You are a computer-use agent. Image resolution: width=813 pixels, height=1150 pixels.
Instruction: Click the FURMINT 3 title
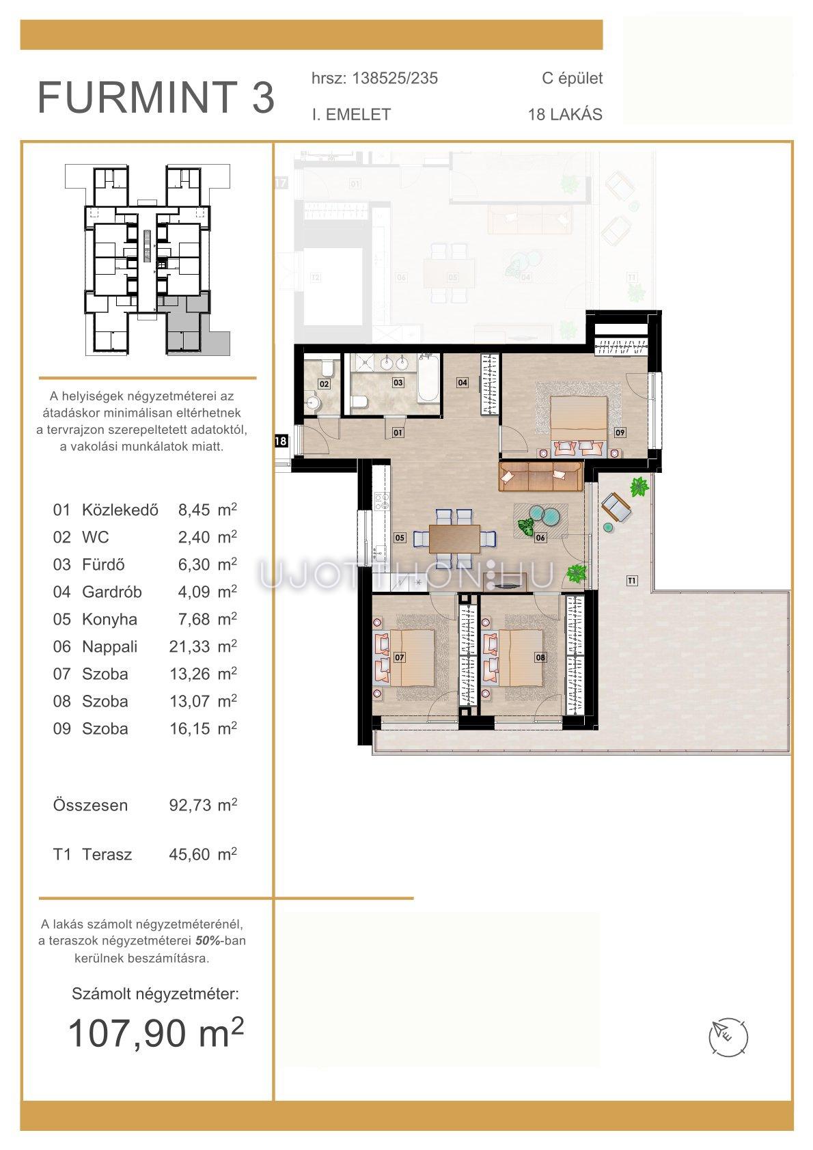[x=156, y=97]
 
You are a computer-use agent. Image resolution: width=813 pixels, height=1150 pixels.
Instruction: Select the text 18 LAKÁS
[x=565, y=114]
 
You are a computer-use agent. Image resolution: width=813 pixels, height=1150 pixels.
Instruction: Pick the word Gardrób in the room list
[x=111, y=592]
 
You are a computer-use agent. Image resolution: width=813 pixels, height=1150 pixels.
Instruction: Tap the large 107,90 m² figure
[x=156, y=1033]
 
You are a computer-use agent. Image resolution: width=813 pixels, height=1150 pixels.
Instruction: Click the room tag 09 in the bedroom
[x=620, y=433]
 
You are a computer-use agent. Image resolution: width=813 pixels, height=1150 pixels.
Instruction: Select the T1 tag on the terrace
[x=632, y=581]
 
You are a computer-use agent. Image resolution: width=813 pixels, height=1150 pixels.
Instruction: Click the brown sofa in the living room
[x=540, y=476]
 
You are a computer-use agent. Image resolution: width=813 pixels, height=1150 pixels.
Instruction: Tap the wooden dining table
[x=454, y=538]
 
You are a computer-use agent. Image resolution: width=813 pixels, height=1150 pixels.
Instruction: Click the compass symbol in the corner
[x=728, y=1037]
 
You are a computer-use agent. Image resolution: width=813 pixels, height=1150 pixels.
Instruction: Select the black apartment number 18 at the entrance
[x=281, y=441]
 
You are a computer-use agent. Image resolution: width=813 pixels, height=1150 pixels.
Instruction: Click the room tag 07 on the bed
[x=399, y=657]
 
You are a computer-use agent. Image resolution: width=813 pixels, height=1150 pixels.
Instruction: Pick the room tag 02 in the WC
[x=324, y=383]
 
